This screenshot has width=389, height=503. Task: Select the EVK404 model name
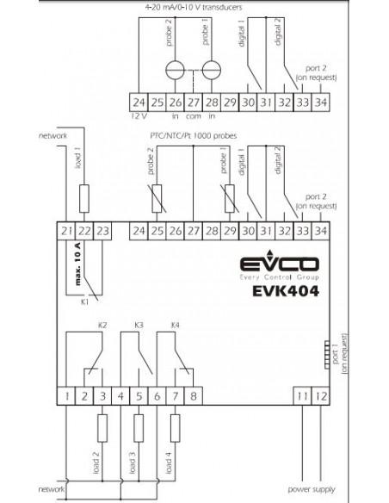click(286, 291)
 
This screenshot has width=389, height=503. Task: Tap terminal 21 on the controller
click(66, 231)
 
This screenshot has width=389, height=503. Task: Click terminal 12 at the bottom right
click(321, 396)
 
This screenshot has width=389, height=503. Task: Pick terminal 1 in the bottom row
click(66, 396)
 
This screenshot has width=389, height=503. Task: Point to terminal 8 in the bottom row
click(194, 396)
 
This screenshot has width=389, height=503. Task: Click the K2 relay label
click(102, 325)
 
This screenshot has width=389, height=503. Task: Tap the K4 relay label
click(175, 325)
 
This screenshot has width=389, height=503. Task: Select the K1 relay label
click(84, 301)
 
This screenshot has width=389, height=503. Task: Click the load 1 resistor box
click(84, 199)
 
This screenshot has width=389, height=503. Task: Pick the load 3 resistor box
click(139, 428)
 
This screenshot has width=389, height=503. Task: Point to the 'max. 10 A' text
click(77, 264)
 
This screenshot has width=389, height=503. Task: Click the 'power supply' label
click(312, 489)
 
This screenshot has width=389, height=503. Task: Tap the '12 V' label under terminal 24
click(138, 116)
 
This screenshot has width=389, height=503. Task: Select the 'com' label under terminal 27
click(194, 116)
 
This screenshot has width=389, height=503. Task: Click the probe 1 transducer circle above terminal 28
click(212, 70)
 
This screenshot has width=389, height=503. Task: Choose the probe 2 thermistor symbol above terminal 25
click(157, 199)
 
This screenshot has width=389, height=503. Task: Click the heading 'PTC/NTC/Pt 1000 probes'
click(194, 136)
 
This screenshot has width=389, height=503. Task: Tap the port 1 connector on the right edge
click(327, 355)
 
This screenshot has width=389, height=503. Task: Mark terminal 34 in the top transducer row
click(321, 102)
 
